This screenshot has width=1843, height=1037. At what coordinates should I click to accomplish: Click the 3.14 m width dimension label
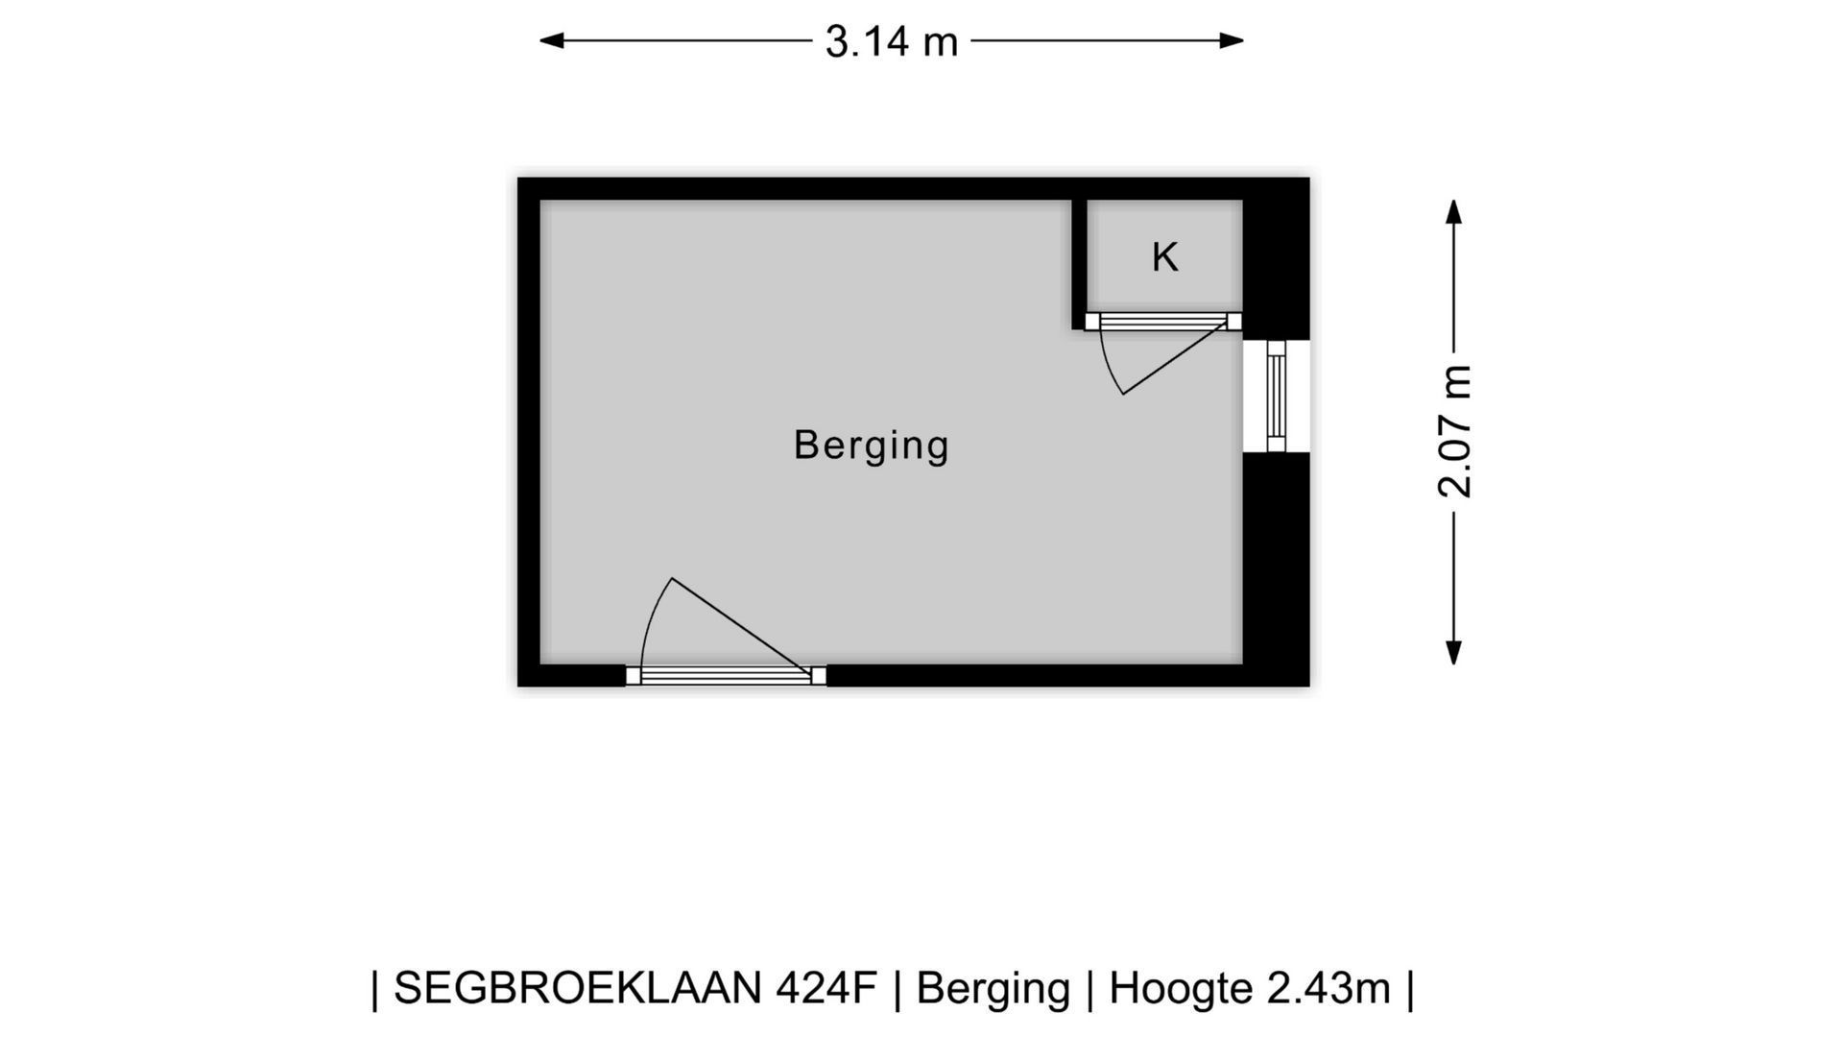[x=892, y=42]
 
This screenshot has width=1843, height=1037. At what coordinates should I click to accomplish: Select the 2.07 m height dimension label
[x=1454, y=431]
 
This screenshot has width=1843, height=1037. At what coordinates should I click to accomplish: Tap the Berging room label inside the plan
[x=871, y=446]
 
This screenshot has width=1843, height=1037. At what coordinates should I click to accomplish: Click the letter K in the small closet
[x=1164, y=258]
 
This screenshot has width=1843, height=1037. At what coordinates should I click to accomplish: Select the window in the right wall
[x=1276, y=396]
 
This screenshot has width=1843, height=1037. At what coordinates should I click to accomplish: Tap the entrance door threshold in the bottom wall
[x=726, y=676]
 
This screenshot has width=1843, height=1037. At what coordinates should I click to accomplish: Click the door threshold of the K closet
[x=1163, y=322]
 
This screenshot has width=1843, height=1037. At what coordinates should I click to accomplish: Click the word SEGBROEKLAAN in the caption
[x=578, y=988]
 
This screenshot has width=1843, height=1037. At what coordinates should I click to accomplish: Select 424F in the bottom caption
[x=826, y=988]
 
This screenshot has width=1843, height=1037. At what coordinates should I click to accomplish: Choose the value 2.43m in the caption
[x=1328, y=988]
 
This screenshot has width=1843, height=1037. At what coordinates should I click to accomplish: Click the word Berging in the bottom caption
[x=993, y=988]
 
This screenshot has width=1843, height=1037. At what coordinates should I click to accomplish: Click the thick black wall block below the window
[x=1276, y=567]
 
